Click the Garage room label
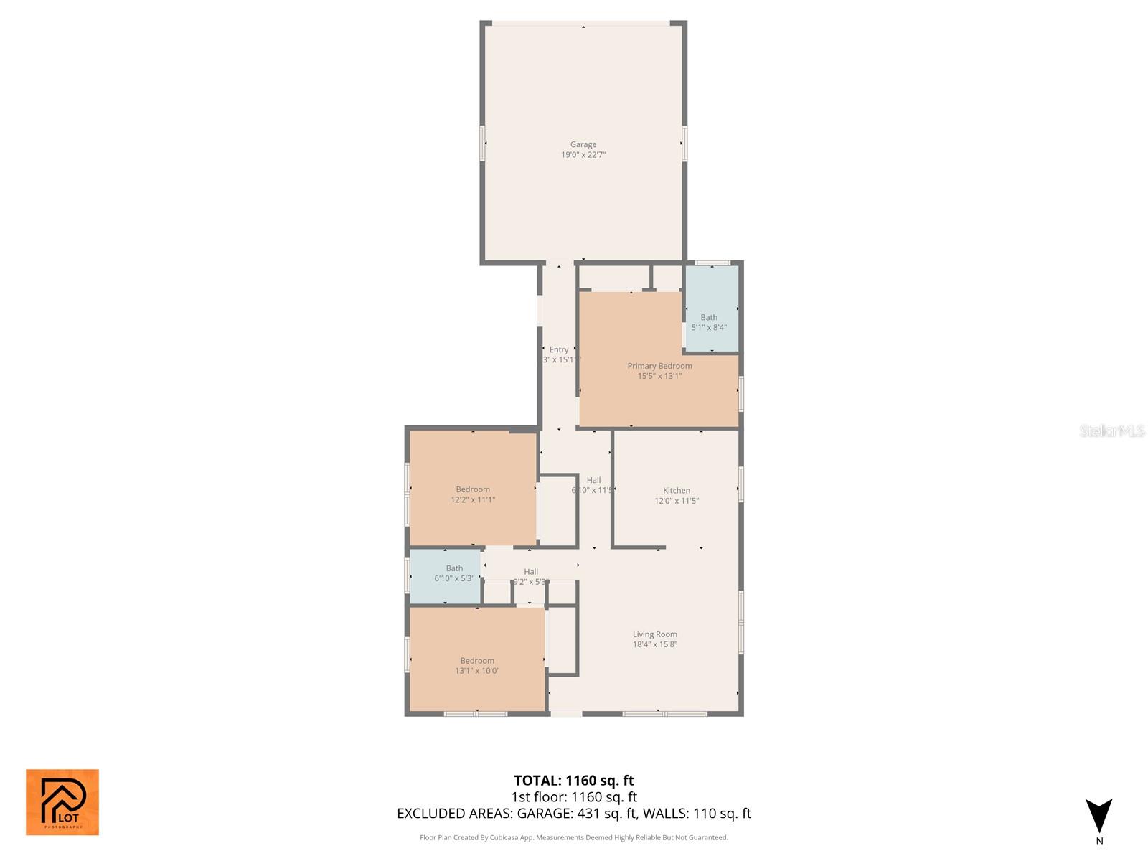583,144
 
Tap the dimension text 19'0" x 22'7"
583,155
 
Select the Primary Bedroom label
659,366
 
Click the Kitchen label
677,491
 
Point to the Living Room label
654,634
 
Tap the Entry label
559,349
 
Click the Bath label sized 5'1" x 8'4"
709,317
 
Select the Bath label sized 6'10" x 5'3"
454,568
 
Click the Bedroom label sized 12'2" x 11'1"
473,489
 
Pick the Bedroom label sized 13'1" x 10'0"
477,661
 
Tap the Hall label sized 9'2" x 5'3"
531,572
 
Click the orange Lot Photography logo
62,802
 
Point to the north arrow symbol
1098,817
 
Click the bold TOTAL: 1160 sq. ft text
574,781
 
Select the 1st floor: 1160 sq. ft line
574,797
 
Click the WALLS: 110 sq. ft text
697,814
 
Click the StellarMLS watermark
1111,431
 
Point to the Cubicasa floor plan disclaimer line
574,837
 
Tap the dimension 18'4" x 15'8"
654,644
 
